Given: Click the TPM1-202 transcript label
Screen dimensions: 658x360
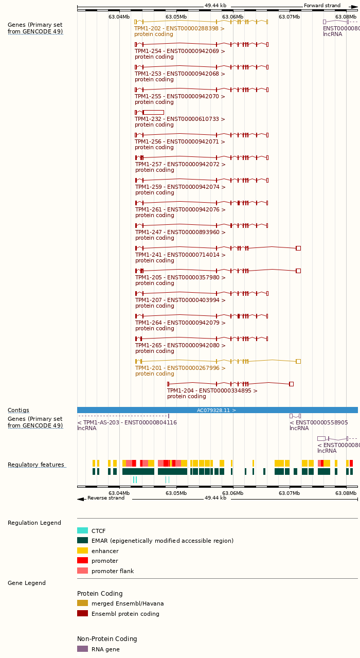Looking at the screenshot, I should [179, 29].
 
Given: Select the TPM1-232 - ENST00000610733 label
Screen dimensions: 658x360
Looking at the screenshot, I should [180, 119].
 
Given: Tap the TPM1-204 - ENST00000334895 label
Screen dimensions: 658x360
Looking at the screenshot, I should [212, 391].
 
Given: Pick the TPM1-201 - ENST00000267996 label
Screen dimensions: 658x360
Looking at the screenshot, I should [180, 368].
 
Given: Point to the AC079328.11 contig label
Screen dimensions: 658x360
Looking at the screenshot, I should [217, 411].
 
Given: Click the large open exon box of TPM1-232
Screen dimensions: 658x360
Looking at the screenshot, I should [153, 112].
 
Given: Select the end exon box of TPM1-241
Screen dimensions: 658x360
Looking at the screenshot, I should [298, 248].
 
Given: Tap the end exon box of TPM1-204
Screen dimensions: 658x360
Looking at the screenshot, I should [291, 384].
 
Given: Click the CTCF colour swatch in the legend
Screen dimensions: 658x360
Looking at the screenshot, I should [82, 531].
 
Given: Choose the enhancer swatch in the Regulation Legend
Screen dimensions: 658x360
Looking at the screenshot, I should [82, 550].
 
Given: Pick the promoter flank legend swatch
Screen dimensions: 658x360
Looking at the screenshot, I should [82, 571].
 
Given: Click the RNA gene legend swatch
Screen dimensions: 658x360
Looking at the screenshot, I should [82, 649].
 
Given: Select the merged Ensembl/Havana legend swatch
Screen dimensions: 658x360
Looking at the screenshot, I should [82, 603].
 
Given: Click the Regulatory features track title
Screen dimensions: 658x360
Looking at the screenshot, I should [36, 465].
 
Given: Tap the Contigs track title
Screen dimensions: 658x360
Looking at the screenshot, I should [19, 411].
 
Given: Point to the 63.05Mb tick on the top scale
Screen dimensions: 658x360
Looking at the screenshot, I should [176, 17].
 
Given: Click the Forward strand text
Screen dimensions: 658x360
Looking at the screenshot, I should [322, 6].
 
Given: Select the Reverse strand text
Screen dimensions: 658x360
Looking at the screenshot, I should [105, 498].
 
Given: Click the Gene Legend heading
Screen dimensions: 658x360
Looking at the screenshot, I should [26, 583].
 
